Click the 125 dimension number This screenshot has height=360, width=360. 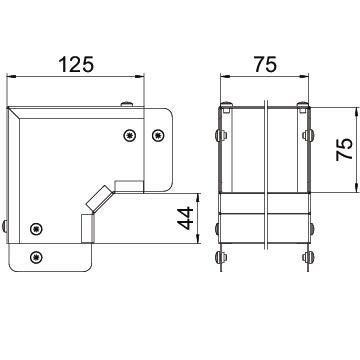tap(76, 64)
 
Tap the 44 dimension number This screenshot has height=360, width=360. tap(185, 218)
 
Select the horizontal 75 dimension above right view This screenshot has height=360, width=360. tap(265, 64)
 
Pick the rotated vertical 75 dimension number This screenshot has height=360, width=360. tap(344, 149)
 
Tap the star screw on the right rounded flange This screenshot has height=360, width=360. tap(158, 135)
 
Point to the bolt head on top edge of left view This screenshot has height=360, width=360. tap(127, 104)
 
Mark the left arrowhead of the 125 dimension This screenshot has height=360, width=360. tap(12, 77)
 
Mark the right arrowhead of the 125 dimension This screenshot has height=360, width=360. tap(139, 77)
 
